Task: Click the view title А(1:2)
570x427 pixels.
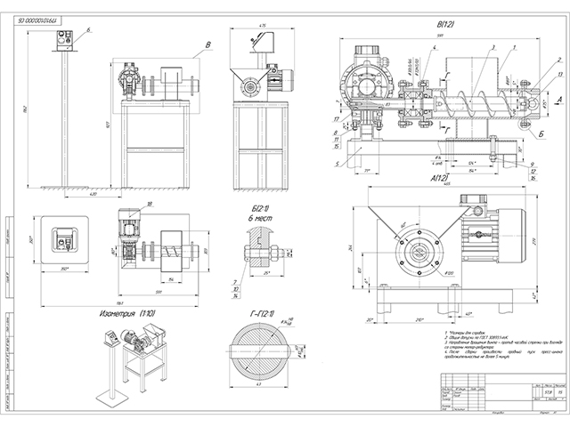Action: click(439, 178)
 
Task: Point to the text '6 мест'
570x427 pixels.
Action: click(261, 216)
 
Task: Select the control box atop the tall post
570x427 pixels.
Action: click(63, 40)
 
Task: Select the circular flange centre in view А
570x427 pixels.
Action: click(419, 252)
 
